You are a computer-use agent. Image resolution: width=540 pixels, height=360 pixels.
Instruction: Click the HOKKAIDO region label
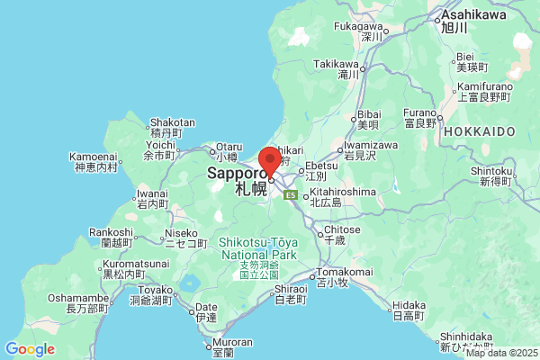pyautogui.click(x=490, y=131)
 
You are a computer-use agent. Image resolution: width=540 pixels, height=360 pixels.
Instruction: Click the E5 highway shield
pyautogui.click(x=291, y=194)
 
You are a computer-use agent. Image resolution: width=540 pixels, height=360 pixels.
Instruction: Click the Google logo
pyautogui.click(x=30, y=349)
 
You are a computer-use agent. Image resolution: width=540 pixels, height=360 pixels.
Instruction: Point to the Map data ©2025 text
pyautogui.click(x=500, y=353)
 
